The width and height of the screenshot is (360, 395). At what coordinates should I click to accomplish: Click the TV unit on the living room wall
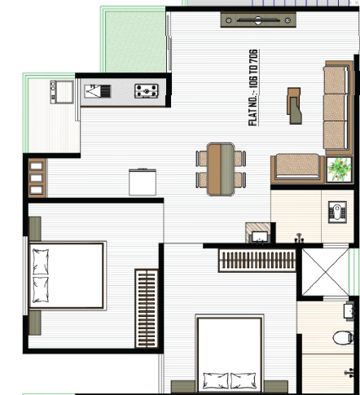(258, 20)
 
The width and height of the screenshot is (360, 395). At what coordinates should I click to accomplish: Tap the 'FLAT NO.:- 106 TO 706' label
(253, 87)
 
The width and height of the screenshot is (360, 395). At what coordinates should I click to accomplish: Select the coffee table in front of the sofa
(294, 106)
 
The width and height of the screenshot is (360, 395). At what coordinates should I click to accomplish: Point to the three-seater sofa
(338, 108)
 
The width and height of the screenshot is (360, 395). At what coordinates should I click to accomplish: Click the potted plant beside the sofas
(339, 169)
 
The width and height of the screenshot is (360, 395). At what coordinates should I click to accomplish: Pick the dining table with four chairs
(221, 169)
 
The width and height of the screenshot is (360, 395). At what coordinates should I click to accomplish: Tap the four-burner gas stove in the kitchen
(147, 91)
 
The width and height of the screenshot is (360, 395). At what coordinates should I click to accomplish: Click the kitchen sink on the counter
(98, 91)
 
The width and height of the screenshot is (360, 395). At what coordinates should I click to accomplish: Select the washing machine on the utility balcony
(62, 92)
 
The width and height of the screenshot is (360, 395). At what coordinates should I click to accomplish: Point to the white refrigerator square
(143, 182)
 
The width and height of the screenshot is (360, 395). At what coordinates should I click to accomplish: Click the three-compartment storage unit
(37, 178)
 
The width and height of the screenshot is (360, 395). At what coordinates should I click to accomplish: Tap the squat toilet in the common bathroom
(337, 212)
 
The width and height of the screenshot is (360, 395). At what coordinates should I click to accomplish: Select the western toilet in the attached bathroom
(343, 338)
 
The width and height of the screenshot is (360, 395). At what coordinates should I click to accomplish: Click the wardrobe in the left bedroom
(147, 309)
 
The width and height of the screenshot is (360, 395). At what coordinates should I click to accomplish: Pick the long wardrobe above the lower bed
(257, 261)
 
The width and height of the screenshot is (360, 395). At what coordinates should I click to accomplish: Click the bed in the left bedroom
(67, 276)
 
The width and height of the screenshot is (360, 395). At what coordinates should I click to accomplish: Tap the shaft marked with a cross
(325, 272)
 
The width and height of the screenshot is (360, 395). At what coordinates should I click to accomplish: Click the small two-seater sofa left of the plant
(297, 169)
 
